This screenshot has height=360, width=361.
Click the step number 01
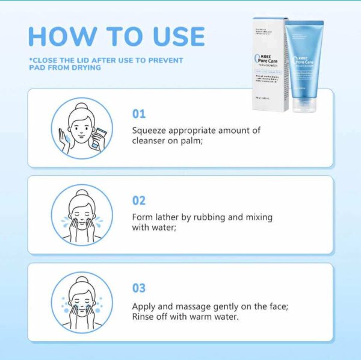tap(138, 114)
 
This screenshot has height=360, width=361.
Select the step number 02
tap(139, 200)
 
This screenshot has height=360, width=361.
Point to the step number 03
tap(139, 288)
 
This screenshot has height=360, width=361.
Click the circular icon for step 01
tap(81, 128)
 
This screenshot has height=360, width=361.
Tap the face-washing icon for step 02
tap(81, 215)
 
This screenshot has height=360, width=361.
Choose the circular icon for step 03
tap(81, 302)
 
